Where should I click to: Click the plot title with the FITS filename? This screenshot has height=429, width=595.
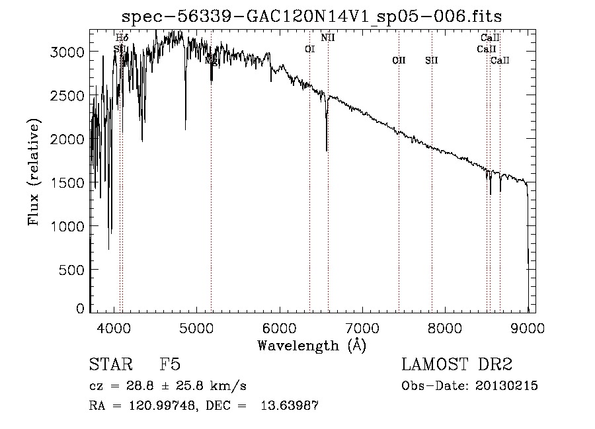point(317,16)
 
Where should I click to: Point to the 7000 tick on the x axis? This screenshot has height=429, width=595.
point(362,328)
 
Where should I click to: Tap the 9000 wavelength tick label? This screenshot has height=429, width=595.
point(528,328)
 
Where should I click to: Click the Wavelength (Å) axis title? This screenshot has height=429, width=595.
point(311,345)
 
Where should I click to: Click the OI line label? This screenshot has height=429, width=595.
point(309,49)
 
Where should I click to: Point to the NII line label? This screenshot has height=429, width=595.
point(328,38)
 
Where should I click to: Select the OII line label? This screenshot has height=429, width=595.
point(399,60)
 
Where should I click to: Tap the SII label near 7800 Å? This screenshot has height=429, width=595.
point(432,60)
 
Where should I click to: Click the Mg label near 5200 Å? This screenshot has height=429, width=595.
point(211,61)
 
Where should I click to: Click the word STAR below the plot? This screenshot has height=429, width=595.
point(107,365)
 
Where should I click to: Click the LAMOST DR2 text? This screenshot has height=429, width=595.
point(457,365)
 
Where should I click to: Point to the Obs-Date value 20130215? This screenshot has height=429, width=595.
point(506,386)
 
